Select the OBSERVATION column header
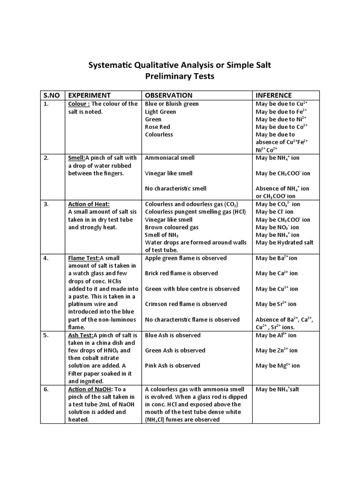(x=168, y=95)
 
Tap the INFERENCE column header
(x=274, y=95)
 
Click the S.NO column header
(x=52, y=95)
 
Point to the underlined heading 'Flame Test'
(x=83, y=258)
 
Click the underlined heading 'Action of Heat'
(x=89, y=204)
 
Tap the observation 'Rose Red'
(x=157, y=127)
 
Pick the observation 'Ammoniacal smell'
(x=170, y=158)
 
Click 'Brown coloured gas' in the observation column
(x=172, y=227)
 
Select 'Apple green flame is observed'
(x=186, y=258)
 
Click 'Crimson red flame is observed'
(x=186, y=304)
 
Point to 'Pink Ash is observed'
(x=172, y=366)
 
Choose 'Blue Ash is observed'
(x=172, y=335)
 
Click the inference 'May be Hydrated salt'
(x=285, y=242)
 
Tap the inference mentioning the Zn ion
(x=277, y=351)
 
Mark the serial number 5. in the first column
(x=46, y=335)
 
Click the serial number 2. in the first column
(x=46, y=158)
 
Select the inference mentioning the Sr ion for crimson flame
(x=276, y=304)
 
